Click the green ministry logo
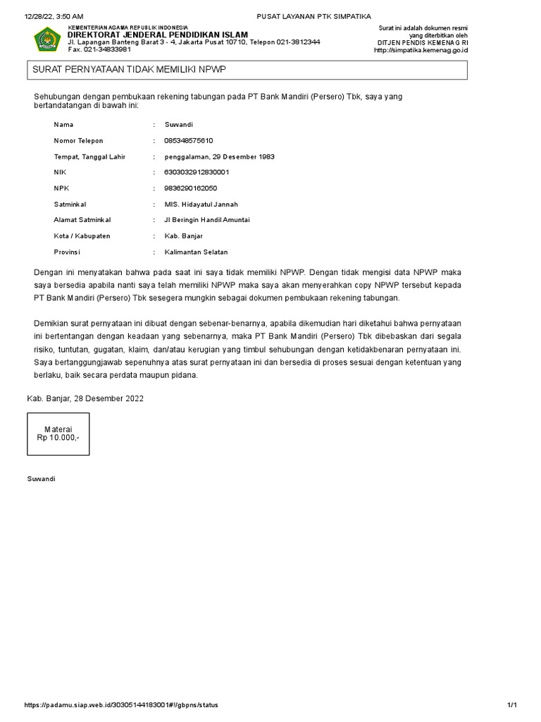click(47, 39)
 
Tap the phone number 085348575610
click(188, 140)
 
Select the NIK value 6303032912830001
click(197, 172)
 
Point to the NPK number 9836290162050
click(190, 188)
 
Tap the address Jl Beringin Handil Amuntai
click(207, 220)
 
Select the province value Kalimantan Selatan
click(196, 252)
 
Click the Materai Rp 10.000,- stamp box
click(58, 433)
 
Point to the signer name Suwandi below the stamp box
click(40, 479)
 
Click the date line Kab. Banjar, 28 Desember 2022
click(85, 398)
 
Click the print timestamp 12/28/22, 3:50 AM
click(54, 16)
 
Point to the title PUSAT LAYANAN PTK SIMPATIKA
click(305, 16)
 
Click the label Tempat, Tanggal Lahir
click(89, 157)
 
